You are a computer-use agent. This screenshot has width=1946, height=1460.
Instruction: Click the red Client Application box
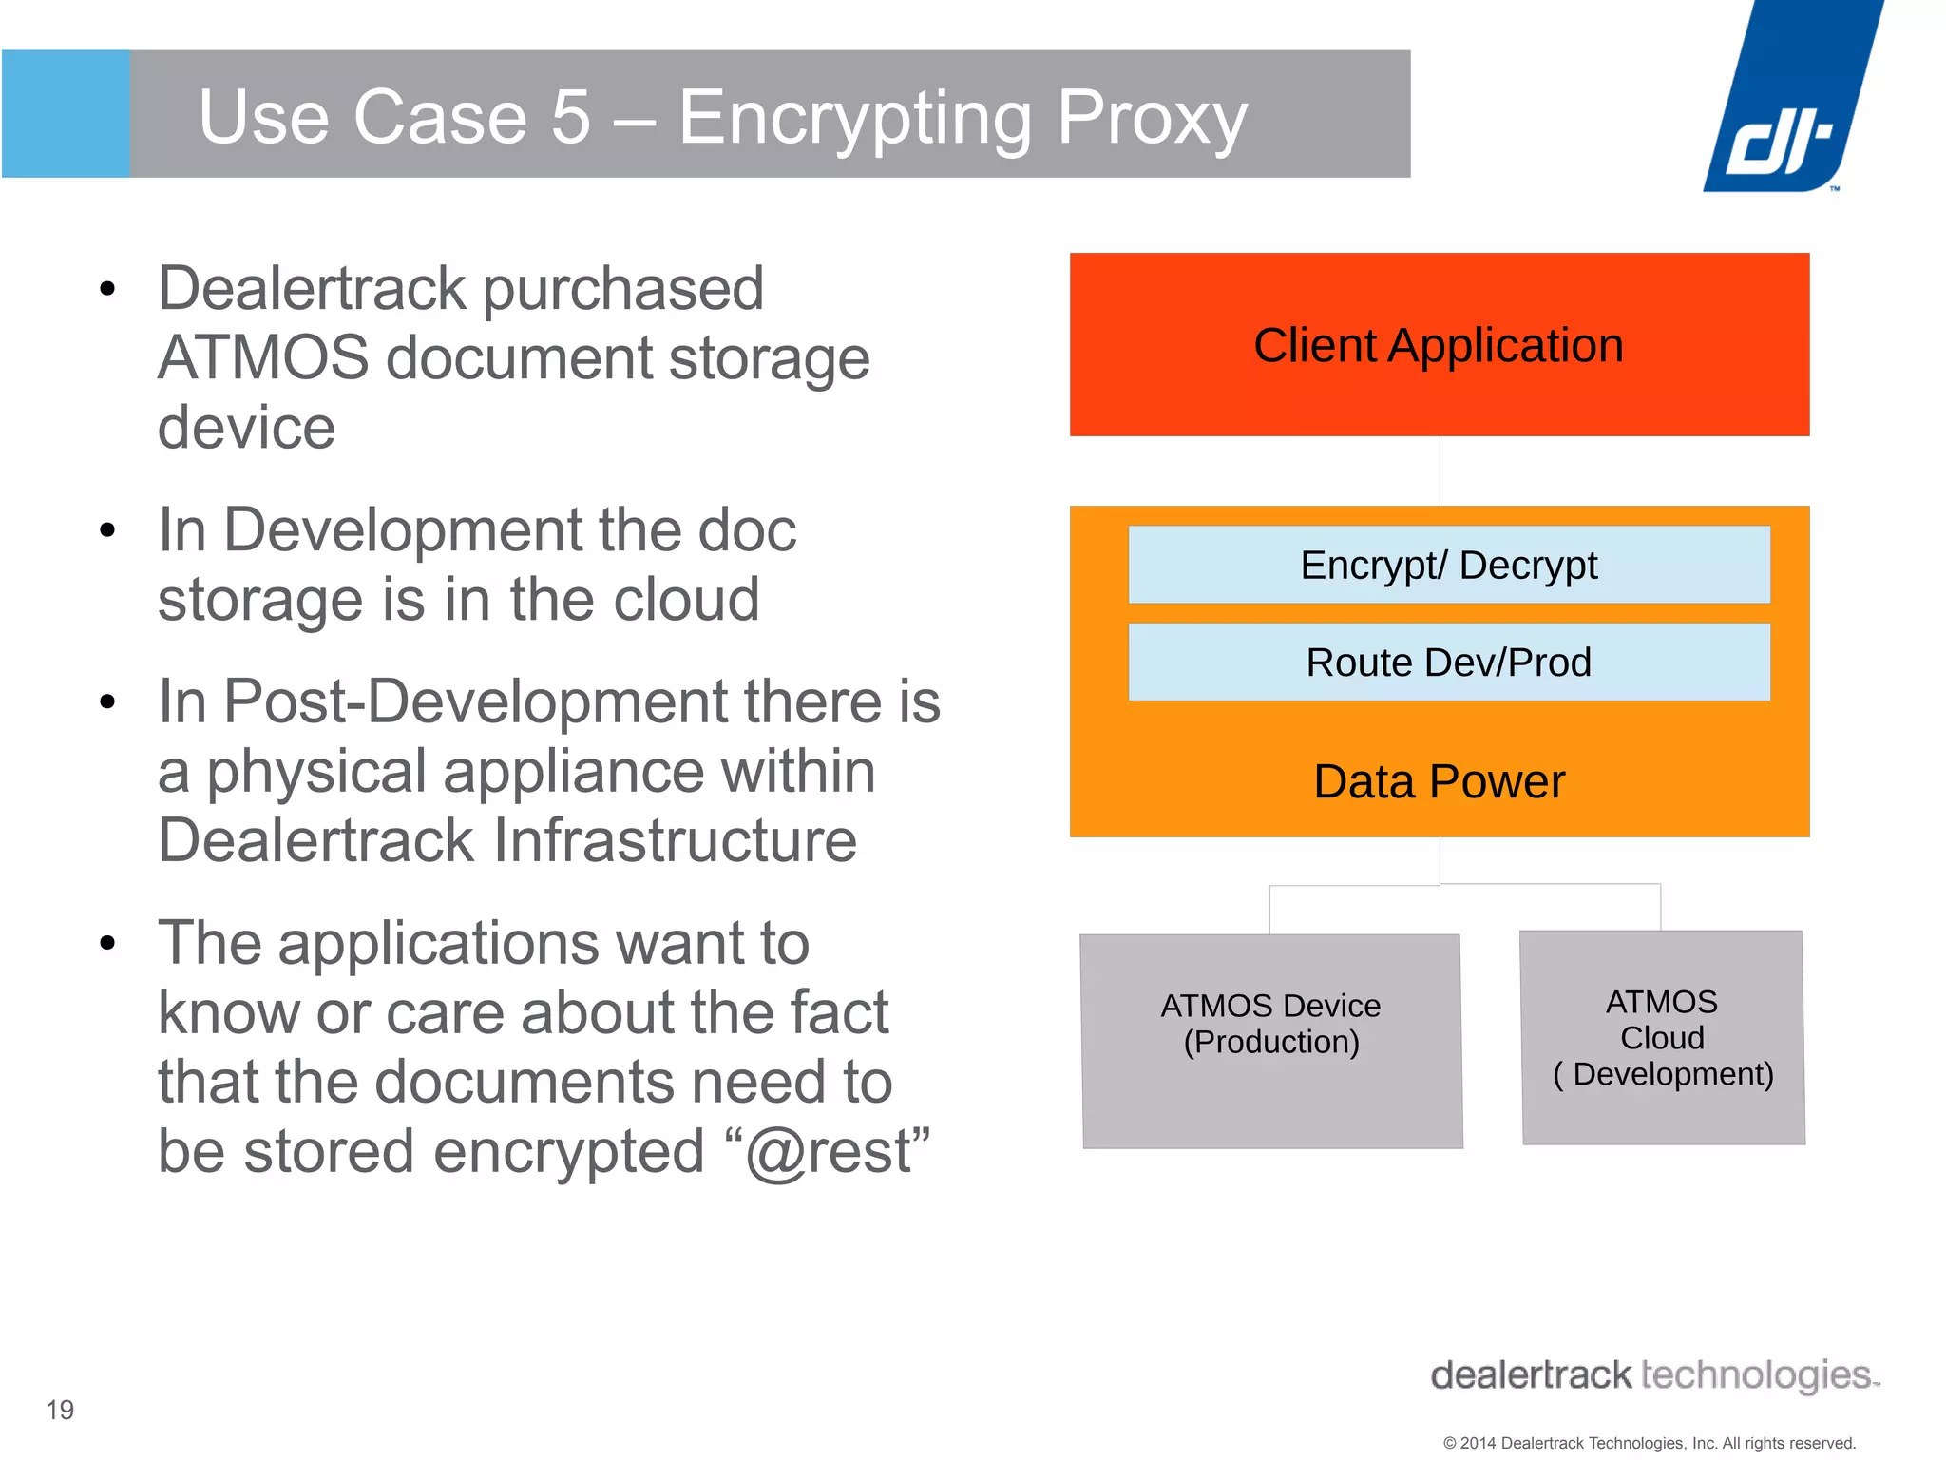click(x=1439, y=344)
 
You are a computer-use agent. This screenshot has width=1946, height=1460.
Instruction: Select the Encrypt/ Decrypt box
click(x=1448, y=565)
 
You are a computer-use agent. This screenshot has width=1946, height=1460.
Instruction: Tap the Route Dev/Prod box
click(x=1448, y=663)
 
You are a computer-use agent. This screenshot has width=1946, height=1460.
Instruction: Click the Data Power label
click(x=1439, y=781)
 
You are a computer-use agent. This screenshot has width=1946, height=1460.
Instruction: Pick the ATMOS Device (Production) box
click(x=1271, y=1041)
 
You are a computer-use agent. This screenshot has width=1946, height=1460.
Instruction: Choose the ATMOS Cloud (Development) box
click(x=1663, y=1038)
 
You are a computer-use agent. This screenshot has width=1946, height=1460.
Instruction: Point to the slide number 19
click(x=60, y=1410)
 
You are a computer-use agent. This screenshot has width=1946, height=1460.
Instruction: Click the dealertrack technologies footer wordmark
click(x=1653, y=1375)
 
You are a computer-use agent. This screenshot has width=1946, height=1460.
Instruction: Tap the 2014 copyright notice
click(x=1649, y=1443)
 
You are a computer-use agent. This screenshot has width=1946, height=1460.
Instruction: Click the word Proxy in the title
click(x=1152, y=118)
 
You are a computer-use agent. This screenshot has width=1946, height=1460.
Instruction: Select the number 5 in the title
click(x=571, y=118)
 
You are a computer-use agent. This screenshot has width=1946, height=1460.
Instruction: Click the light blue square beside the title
click(x=66, y=114)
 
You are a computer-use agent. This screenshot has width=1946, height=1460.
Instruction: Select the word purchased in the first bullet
click(x=623, y=288)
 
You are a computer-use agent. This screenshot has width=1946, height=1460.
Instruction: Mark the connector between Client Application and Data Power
click(x=1440, y=471)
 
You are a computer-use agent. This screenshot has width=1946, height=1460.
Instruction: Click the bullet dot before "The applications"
click(x=107, y=943)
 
